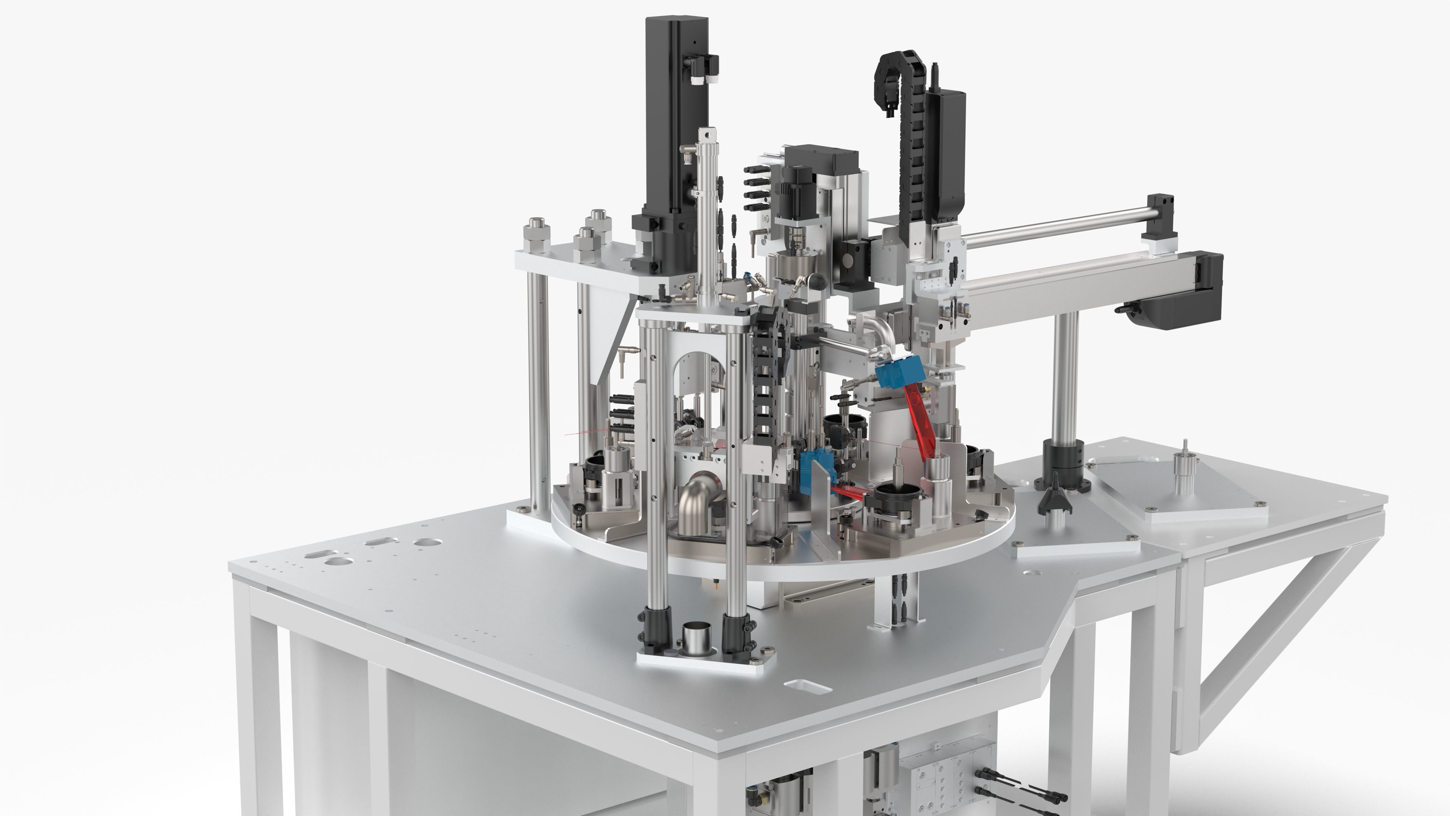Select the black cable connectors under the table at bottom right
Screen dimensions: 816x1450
click(x=1019, y=788)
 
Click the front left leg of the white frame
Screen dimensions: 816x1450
click(x=256, y=704)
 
